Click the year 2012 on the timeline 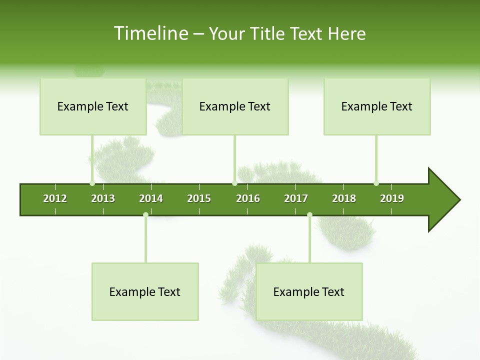[x=55, y=198]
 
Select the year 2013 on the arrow [x=103, y=198]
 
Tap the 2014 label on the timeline [x=151, y=198]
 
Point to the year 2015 [x=199, y=198]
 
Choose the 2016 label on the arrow [x=248, y=198]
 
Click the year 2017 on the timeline [x=296, y=198]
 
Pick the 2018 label [x=344, y=198]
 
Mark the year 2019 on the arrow [x=392, y=198]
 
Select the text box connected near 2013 [x=93, y=106]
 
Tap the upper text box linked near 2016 [x=235, y=106]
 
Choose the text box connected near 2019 [x=377, y=106]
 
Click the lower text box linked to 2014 [x=145, y=292]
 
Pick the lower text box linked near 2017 [x=309, y=292]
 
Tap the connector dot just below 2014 [x=145, y=214]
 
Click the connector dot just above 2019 [x=376, y=183]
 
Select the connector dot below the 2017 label [x=309, y=214]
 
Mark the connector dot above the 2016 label [x=234, y=183]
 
